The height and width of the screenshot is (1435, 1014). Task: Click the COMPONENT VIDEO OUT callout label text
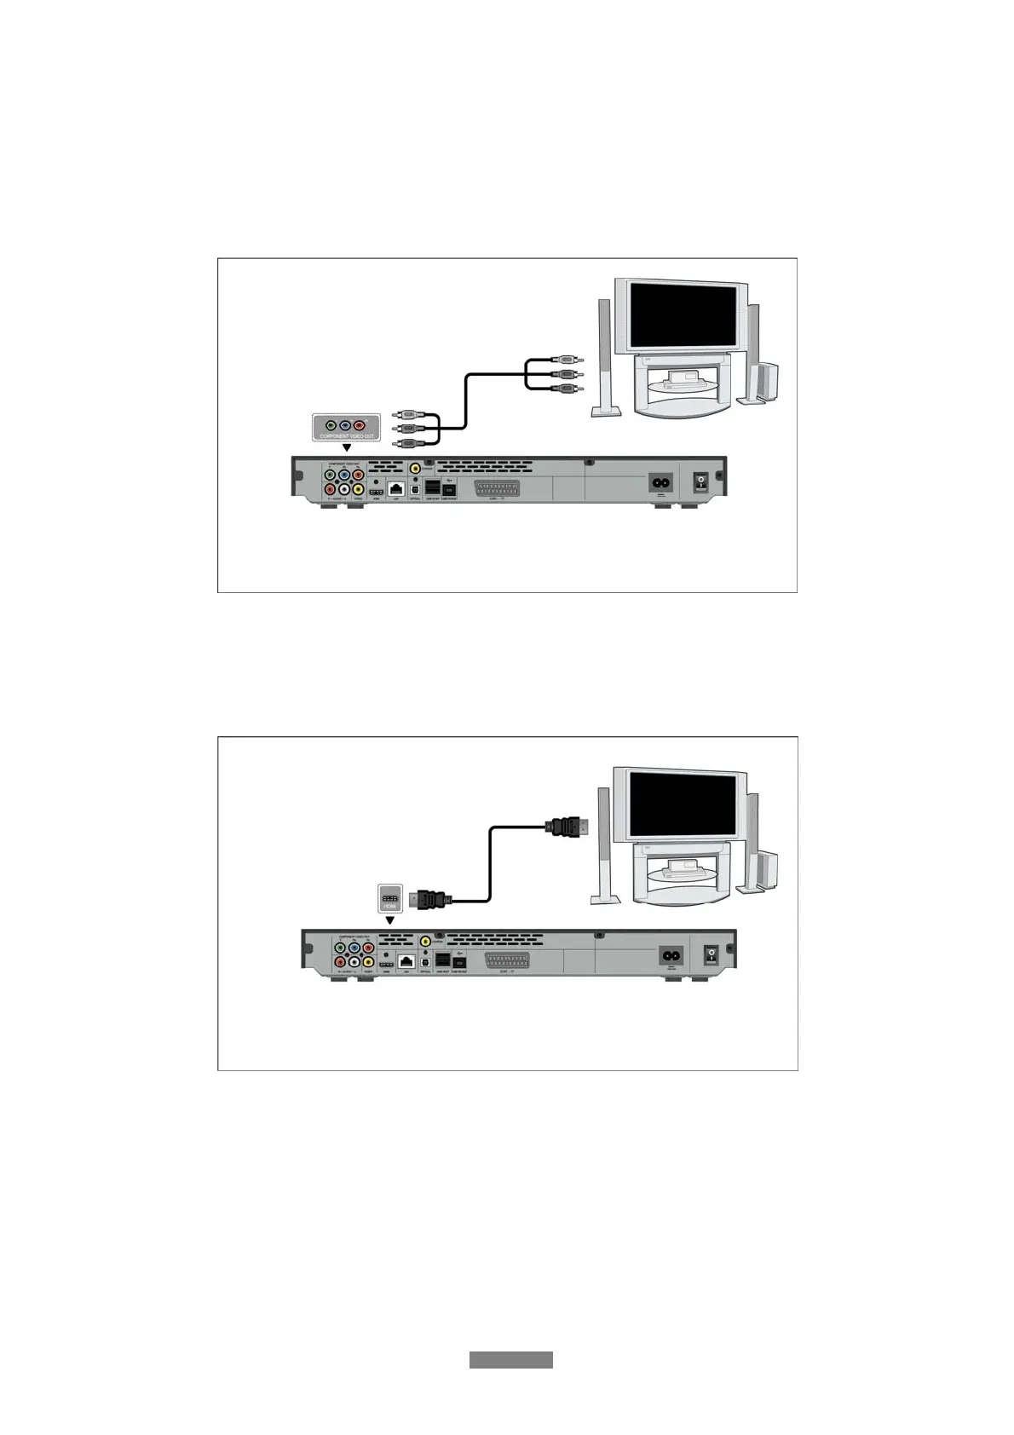346,436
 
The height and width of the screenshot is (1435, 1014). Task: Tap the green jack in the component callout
331,424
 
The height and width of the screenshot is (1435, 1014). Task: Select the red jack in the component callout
360,424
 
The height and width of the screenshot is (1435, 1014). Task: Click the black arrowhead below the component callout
346,447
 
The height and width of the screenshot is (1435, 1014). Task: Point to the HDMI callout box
389,898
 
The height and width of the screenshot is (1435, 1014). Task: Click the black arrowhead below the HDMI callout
389,920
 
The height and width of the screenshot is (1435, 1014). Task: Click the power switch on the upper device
700,482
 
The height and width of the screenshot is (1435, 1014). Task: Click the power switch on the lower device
711,955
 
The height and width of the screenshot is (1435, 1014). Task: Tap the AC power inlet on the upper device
661,482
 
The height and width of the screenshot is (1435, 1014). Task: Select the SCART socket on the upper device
506,488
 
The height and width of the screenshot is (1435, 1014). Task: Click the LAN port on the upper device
396,488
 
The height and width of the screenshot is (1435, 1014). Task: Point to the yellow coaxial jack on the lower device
425,941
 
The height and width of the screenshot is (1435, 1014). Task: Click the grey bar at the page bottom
510,1360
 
